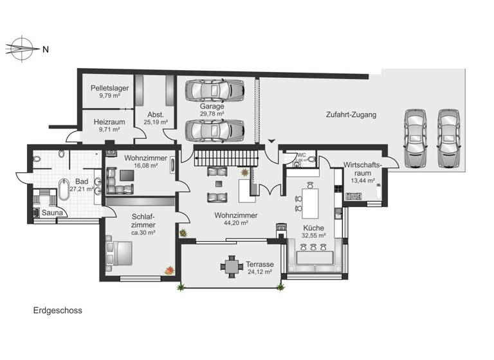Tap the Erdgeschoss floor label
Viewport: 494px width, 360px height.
pos(58,310)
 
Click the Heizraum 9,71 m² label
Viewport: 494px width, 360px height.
pos(109,125)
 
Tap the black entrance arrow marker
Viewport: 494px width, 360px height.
pos(271,141)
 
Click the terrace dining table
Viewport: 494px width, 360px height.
pos(232,265)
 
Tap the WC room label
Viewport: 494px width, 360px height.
pos(302,155)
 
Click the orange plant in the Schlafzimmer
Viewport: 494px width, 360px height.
pos(170,271)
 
